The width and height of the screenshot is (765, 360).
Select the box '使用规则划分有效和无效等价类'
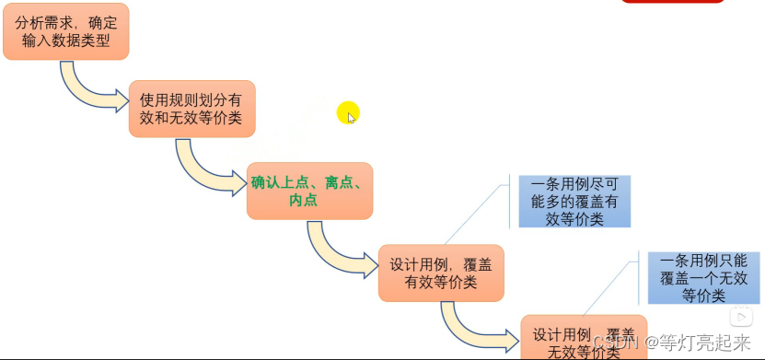tap(191, 109)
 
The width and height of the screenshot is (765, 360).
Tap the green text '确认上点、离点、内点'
tap(310, 191)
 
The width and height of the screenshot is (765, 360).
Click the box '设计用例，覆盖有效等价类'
tap(441, 273)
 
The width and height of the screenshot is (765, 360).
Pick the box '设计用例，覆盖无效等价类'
tap(584, 338)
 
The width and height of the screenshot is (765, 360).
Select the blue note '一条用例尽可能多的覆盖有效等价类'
tap(574, 202)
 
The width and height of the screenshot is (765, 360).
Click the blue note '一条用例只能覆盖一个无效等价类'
tap(702, 277)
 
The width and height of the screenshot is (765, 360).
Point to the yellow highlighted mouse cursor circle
tap(347, 113)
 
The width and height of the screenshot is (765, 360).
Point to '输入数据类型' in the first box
tap(66, 41)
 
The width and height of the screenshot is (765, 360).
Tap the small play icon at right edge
tap(740, 316)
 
